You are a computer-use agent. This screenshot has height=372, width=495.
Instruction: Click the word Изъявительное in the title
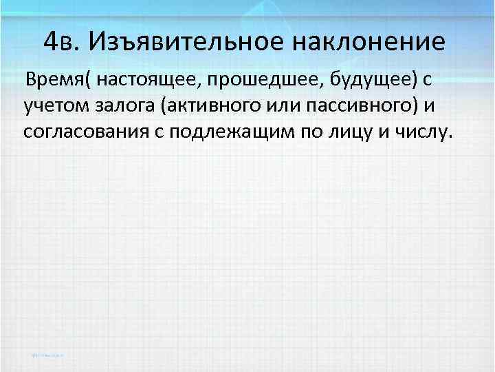(186, 43)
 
